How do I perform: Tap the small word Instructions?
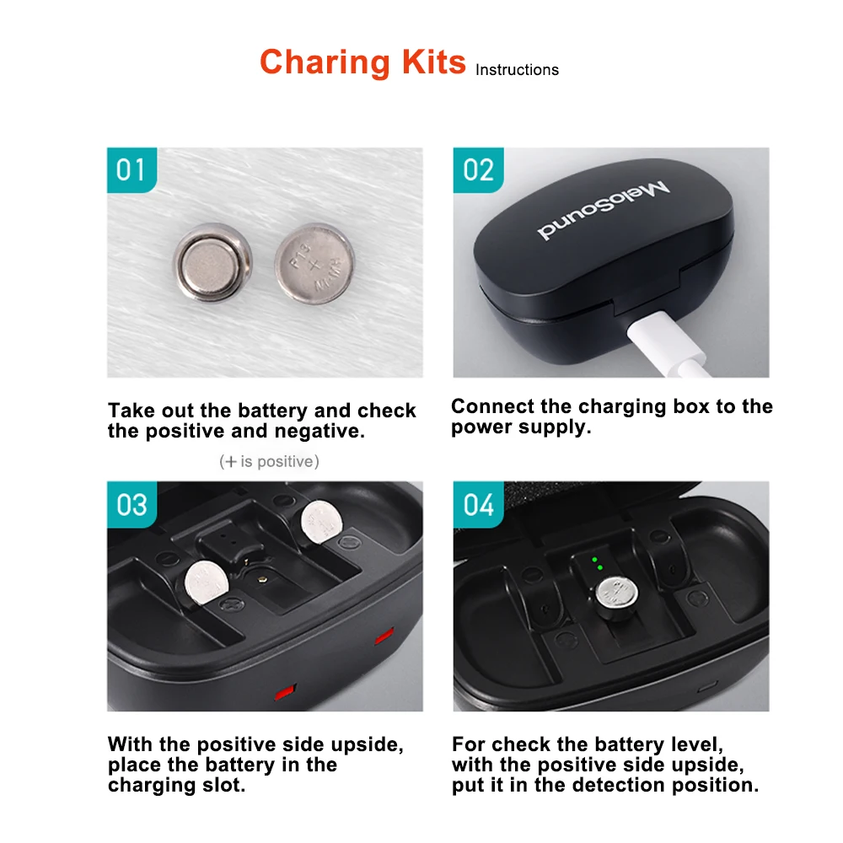[x=517, y=70]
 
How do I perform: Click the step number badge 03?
[x=131, y=505]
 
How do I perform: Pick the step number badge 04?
[x=477, y=505]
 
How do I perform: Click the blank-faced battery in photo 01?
[x=214, y=261]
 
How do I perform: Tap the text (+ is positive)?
[x=269, y=461]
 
